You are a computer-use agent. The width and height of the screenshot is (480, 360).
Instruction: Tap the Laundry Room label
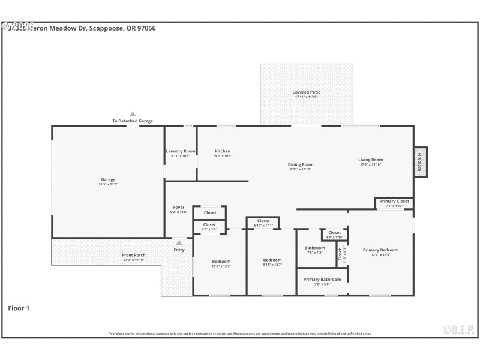(181, 151)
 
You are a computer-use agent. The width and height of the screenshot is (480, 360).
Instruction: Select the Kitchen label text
(223, 151)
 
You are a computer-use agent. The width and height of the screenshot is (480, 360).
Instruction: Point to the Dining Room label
(301, 164)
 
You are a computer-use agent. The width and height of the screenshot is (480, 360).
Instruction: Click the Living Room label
(370, 160)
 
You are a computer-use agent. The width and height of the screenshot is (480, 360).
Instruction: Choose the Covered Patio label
(306, 92)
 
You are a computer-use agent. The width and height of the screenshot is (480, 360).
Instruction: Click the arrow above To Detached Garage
(133, 113)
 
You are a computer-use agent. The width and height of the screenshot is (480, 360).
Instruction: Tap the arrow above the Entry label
(179, 242)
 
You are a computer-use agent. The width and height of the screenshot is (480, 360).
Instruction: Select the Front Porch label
(134, 255)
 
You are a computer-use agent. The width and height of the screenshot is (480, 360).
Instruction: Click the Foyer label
(179, 207)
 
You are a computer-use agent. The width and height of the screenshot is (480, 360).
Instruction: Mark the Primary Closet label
(394, 201)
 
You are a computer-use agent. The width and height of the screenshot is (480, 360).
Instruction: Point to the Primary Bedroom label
(380, 250)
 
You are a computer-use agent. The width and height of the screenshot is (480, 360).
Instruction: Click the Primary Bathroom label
(322, 280)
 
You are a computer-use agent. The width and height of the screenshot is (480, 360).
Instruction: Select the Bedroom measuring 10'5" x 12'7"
(221, 262)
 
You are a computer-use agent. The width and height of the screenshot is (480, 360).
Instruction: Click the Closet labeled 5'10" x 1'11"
(263, 221)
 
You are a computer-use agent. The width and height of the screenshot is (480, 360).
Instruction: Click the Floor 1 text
(19, 308)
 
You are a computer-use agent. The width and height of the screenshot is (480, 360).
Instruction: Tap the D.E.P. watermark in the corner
(458, 329)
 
